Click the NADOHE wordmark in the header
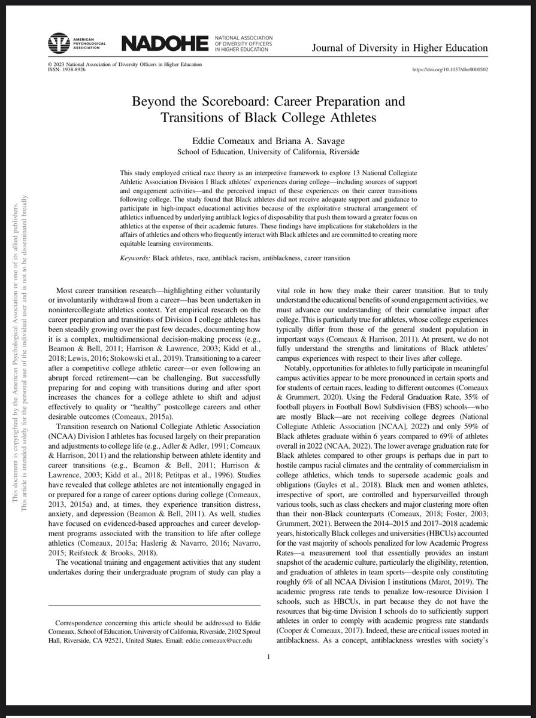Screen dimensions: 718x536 [164, 44]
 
